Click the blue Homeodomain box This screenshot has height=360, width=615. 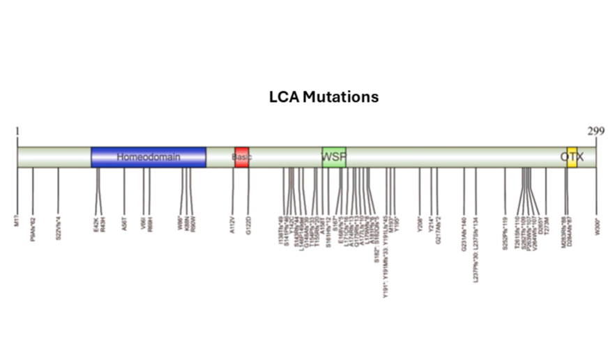148,157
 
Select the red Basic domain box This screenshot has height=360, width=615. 241,157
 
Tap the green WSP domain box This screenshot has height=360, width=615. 333,157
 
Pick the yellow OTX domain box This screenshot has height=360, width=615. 572,157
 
